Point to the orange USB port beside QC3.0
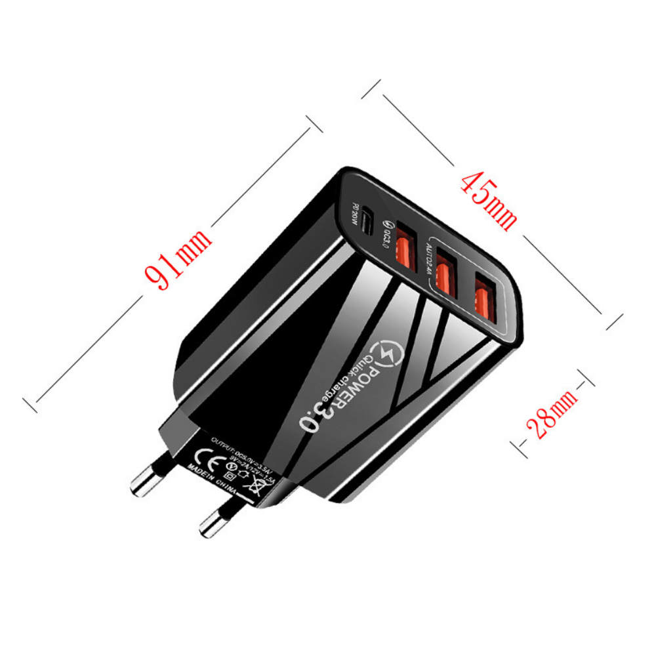point(405,247)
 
